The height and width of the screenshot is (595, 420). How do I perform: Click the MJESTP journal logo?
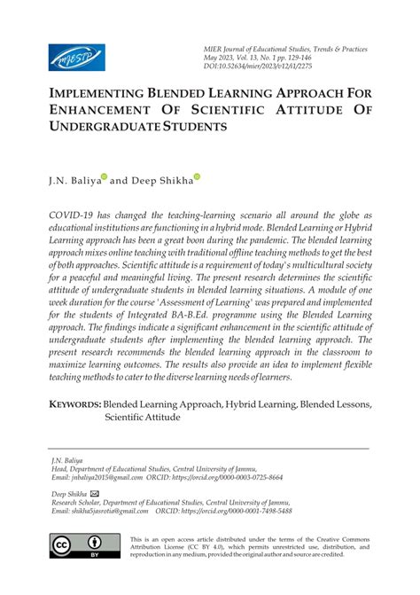click(x=76, y=58)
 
